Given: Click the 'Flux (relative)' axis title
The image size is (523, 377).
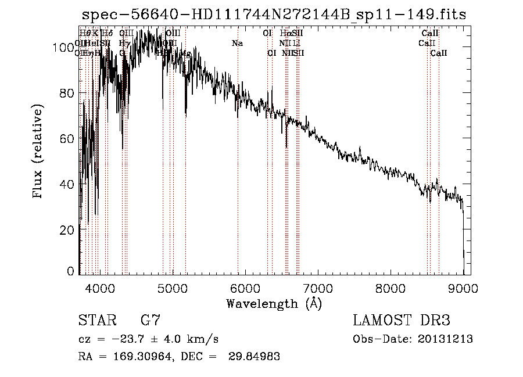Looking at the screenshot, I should coord(39,152).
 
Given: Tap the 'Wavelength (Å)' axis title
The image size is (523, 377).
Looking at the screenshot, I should coord(274,303).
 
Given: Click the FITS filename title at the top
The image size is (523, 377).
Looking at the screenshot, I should coord(274,15).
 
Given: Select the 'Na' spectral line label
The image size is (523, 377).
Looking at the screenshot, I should coord(237,43).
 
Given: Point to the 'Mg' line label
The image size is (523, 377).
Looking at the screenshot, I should coord(186,53).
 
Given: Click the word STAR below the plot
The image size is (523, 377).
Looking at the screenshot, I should coord(96,321).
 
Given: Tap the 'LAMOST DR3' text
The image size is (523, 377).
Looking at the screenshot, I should coord(402,321).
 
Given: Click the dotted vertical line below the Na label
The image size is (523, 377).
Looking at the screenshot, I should coord(238,174).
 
